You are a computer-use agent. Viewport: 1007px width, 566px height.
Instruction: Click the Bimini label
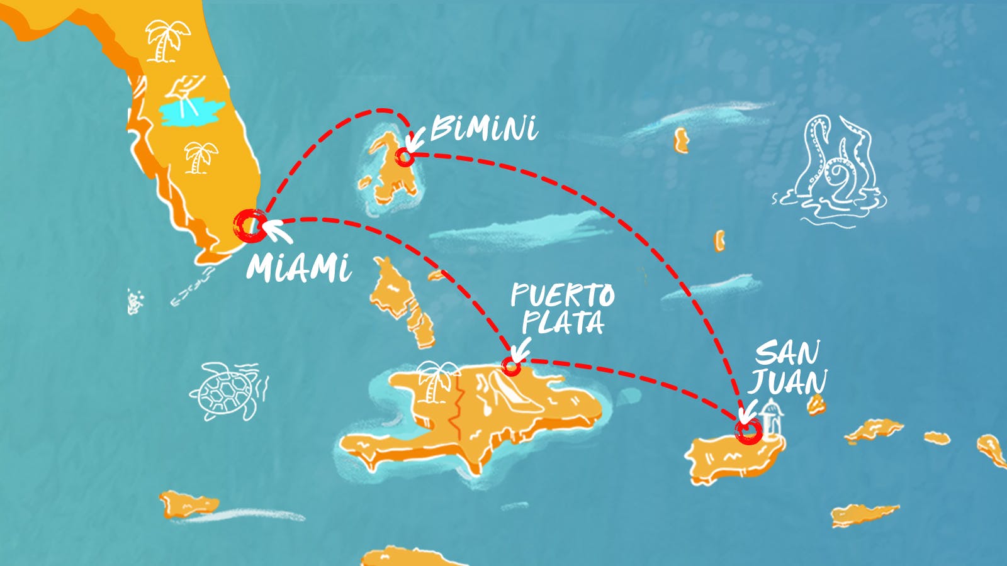click(x=483, y=129)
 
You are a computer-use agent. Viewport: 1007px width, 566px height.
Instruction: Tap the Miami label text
click(x=298, y=268)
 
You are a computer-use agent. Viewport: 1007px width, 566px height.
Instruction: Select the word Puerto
click(x=562, y=294)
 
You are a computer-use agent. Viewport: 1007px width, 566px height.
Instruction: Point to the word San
click(x=787, y=353)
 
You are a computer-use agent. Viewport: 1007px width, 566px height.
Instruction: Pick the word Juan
click(x=788, y=381)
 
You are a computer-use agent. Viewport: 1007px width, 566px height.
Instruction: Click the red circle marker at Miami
click(x=250, y=225)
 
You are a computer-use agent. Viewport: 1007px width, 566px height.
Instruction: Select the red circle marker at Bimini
click(x=405, y=157)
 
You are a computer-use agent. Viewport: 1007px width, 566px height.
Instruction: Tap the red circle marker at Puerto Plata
click(x=511, y=366)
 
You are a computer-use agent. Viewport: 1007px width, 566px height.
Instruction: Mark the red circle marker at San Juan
click(x=748, y=431)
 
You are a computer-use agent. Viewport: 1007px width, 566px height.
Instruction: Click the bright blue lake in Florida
click(x=191, y=111)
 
